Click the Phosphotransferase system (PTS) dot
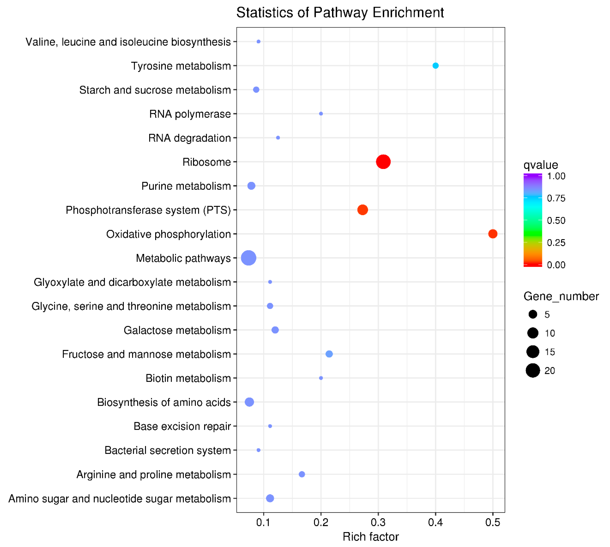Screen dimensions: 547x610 coord(363,210)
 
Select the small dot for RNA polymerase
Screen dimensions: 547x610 coord(321,114)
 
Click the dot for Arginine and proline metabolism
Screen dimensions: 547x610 coord(302,474)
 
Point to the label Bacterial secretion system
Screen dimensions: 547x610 coord(168,450)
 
